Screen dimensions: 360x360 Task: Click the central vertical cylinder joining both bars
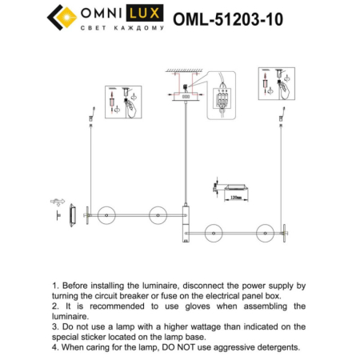point(186,223)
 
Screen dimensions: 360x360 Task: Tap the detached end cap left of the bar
point(74,214)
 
